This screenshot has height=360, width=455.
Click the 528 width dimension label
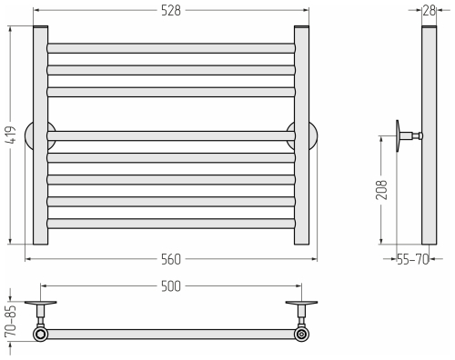point(171,11)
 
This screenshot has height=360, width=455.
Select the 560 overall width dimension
point(171,259)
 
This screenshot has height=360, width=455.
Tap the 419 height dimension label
point(11,135)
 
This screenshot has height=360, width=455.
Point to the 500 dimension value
point(171,286)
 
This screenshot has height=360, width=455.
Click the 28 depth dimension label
point(430,11)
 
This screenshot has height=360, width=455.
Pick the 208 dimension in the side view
point(381,190)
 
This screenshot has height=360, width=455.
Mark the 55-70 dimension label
point(413,259)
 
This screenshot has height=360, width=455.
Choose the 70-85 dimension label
point(10,321)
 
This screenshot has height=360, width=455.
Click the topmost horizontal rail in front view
point(171,48)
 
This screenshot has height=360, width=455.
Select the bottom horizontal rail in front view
point(171,224)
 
